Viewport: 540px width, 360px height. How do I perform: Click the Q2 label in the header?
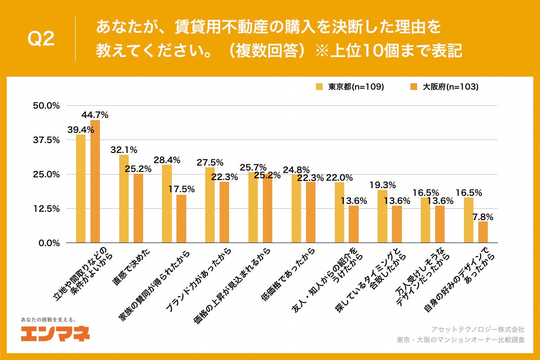pos(41,39)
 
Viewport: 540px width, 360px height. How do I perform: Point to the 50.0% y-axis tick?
pos(47,106)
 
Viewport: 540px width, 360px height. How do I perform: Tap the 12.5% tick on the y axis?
pos(47,208)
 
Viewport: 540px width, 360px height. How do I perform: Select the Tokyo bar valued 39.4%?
pos(81,189)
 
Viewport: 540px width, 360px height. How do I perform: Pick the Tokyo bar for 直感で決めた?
pos(124,198)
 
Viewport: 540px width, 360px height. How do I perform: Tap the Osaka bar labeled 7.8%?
pos(483,232)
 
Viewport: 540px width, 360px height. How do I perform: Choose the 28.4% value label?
pos(167,160)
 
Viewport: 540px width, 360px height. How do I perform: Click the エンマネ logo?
pos(55,333)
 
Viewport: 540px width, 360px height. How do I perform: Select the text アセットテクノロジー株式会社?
pos(478,330)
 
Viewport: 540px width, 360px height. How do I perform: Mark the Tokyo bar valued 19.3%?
pos(382,216)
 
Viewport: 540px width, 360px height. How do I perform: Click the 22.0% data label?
pos(340,177)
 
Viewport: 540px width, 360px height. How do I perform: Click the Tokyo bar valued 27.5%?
pos(210,205)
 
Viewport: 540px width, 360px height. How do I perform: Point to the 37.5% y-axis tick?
pos(47,140)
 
